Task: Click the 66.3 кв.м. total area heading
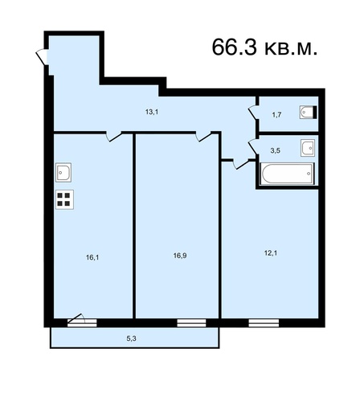264,47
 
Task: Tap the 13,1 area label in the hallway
152,112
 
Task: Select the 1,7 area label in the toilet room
276,115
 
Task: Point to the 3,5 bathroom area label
275,150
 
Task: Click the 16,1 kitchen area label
92,257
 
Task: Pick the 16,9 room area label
180,256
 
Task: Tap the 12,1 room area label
271,253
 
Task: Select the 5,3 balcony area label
131,338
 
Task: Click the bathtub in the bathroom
287,174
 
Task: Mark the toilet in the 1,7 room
308,113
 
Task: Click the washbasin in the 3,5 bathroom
308,148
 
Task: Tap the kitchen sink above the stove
63,172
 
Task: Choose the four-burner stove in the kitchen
64,199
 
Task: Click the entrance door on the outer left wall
43,57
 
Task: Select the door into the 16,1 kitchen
113,136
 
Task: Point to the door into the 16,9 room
203,136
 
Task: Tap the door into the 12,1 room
241,164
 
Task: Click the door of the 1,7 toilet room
253,113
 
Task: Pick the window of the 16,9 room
191,323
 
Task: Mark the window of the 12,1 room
264,323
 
